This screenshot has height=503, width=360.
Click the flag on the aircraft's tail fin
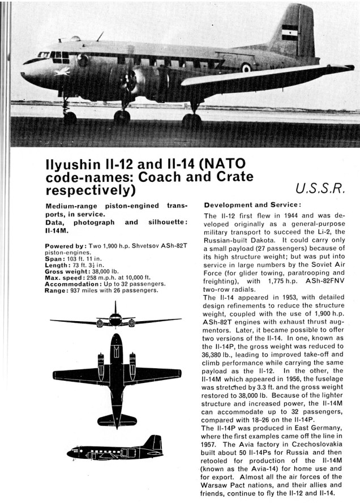click(x=290, y=32)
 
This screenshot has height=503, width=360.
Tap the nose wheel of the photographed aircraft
click(x=70, y=117)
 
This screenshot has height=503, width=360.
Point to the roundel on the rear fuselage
click(x=246, y=68)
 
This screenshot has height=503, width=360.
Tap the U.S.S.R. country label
click(x=320, y=189)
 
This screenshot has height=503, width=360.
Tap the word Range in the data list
click(x=57, y=290)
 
